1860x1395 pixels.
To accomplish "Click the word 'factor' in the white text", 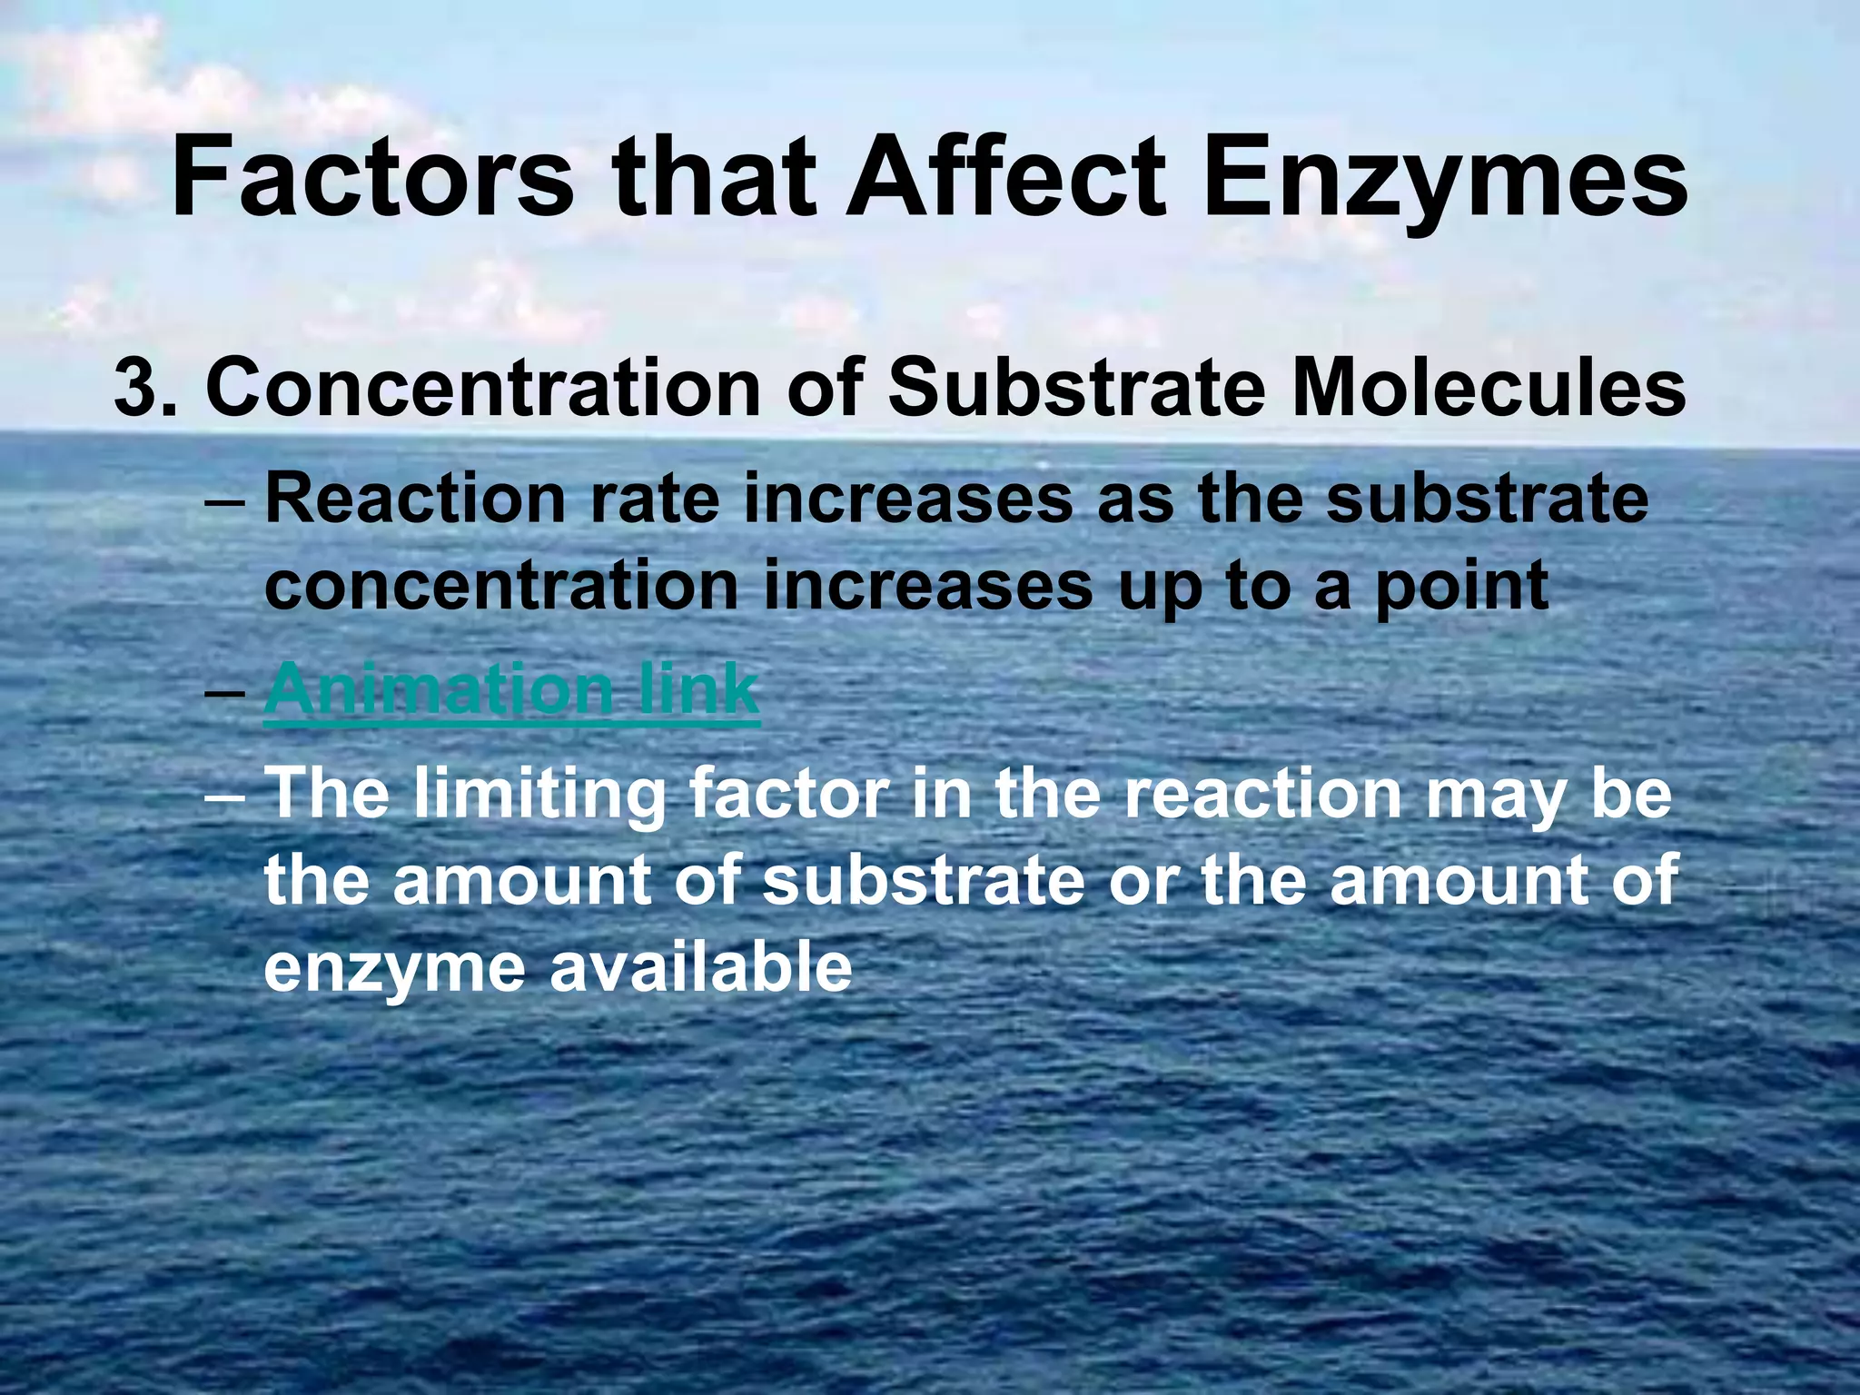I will pos(787,793).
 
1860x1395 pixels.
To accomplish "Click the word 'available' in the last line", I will pos(700,966).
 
